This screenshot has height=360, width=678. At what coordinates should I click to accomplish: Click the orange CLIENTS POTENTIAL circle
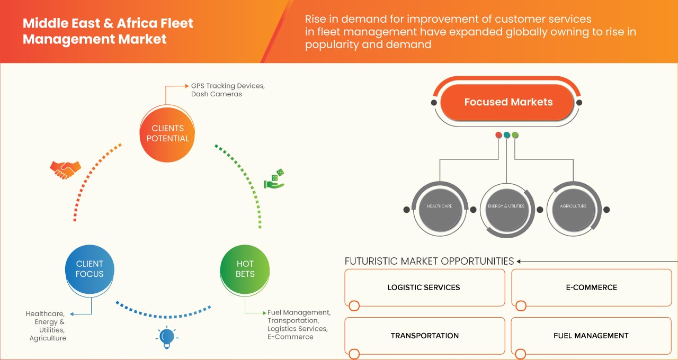click(x=167, y=133)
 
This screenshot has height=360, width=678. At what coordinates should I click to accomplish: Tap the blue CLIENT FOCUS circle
click(x=90, y=269)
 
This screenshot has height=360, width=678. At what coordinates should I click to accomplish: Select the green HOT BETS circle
click(x=245, y=269)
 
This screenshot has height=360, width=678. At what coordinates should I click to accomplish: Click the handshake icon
click(x=65, y=169)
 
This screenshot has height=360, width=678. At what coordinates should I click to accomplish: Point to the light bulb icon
click(x=167, y=337)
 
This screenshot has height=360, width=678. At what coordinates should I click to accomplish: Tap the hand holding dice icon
click(x=274, y=179)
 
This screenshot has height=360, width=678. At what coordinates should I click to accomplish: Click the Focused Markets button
click(x=508, y=102)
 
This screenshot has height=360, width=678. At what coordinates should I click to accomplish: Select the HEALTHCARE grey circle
click(x=439, y=206)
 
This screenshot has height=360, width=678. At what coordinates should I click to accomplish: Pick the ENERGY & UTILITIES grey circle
click(x=506, y=206)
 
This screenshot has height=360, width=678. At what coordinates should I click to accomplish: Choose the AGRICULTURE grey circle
click(x=573, y=206)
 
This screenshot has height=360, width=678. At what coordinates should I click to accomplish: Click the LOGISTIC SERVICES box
click(x=424, y=287)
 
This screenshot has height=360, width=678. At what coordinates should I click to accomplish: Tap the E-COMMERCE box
click(x=591, y=287)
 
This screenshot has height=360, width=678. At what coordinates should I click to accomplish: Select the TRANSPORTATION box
click(x=424, y=336)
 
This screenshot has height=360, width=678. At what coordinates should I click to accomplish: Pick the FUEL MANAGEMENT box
click(x=591, y=336)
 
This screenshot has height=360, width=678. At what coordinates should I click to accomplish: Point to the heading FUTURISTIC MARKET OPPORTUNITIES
click(x=429, y=261)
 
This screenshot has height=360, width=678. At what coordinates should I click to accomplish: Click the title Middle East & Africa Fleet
click(x=108, y=24)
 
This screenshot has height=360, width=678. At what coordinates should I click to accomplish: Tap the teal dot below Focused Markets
click(x=507, y=135)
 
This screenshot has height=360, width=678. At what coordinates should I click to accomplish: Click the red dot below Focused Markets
click(x=498, y=135)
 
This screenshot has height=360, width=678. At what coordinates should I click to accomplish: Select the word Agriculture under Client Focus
click(x=48, y=338)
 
